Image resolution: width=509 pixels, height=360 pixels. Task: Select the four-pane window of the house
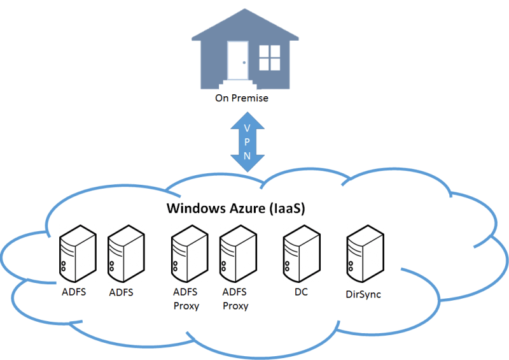click(x=269, y=57)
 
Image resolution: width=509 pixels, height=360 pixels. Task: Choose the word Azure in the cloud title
click(x=247, y=208)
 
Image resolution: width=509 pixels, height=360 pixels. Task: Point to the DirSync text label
click(x=363, y=294)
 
